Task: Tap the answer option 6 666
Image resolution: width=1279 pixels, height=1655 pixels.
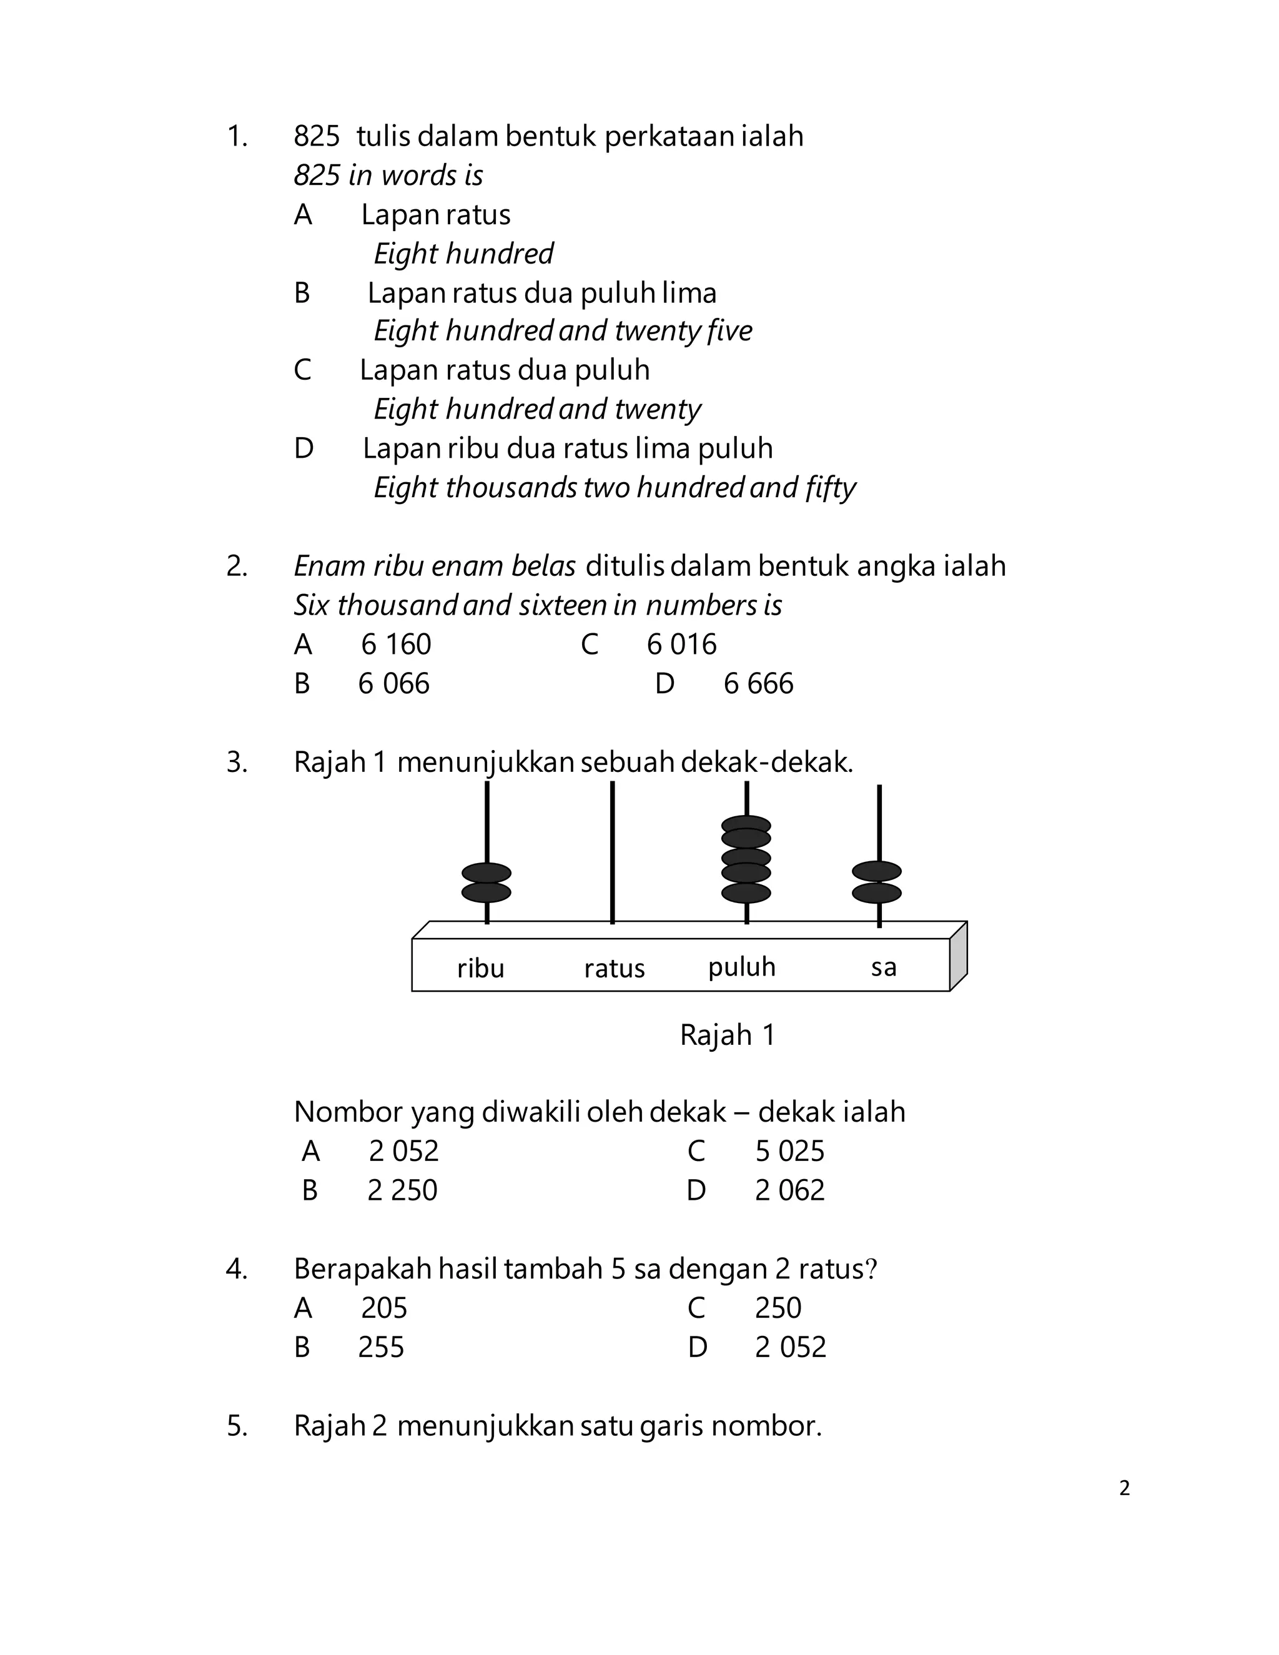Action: [758, 683]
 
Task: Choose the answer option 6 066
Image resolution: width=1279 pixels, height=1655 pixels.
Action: [393, 683]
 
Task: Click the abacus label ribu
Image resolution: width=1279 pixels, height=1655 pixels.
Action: [480, 969]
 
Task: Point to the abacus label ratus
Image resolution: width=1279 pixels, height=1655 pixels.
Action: [614, 969]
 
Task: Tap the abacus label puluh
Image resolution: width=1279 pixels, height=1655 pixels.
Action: [742, 967]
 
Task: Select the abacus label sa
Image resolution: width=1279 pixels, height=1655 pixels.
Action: [884, 967]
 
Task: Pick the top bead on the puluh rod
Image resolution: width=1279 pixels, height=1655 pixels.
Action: [746, 824]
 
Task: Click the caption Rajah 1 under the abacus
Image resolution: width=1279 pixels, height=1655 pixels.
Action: [728, 1035]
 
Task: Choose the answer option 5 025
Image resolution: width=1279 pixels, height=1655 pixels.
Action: [789, 1151]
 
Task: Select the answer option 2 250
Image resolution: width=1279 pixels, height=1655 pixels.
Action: [402, 1190]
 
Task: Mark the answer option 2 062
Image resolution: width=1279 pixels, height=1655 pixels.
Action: [789, 1190]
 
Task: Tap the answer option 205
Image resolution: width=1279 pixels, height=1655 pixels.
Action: [384, 1308]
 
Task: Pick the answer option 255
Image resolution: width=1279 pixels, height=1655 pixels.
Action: [381, 1347]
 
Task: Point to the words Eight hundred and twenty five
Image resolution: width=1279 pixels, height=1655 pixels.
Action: [563, 331]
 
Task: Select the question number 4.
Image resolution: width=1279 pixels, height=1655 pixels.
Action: [237, 1269]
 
